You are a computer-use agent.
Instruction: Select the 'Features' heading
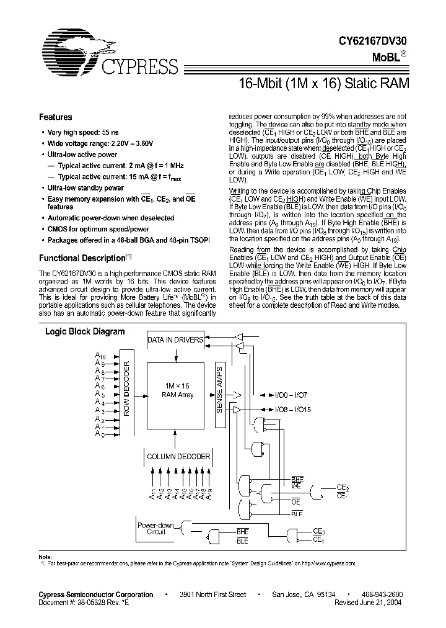(56, 117)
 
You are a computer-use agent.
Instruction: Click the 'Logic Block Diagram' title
(85, 331)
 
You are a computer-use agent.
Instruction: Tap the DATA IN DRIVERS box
(175, 340)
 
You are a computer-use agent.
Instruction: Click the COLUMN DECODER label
(178, 456)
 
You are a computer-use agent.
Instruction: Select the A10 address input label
(99, 355)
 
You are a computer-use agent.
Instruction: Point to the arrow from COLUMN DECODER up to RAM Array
(175, 437)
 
